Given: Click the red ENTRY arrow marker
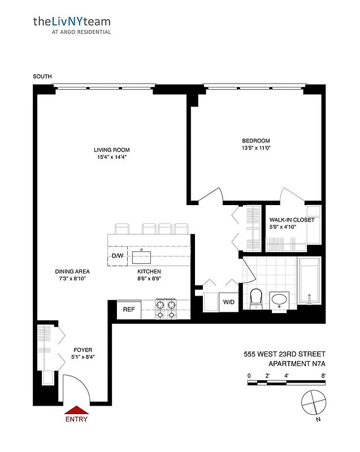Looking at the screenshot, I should pyautogui.click(x=76, y=411).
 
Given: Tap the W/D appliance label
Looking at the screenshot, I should pyautogui.click(x=228, y=302).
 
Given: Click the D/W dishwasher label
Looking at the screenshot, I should pyautogui.click(x=117, y=256).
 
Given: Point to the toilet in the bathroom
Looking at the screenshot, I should pyautogui.click(x=255, y=298).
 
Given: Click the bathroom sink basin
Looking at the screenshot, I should pyautogui.click(x=279, y=299).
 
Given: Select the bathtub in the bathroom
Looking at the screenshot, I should pyautogui.click(x=309, y=281).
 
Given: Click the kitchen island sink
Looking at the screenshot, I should pyautogui.click(x=141, y=257).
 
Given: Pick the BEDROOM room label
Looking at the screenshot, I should pyautogui.click(x=256, y=141).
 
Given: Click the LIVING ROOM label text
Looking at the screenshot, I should pyautogui.click(x=111, y=150).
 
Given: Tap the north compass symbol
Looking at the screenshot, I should pyautogui.click(x=314, y=402).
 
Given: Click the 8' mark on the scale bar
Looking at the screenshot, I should pyautogui.click(x=323, y=375).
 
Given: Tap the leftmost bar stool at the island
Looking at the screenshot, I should pyautogui.click(x=122, y=228).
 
